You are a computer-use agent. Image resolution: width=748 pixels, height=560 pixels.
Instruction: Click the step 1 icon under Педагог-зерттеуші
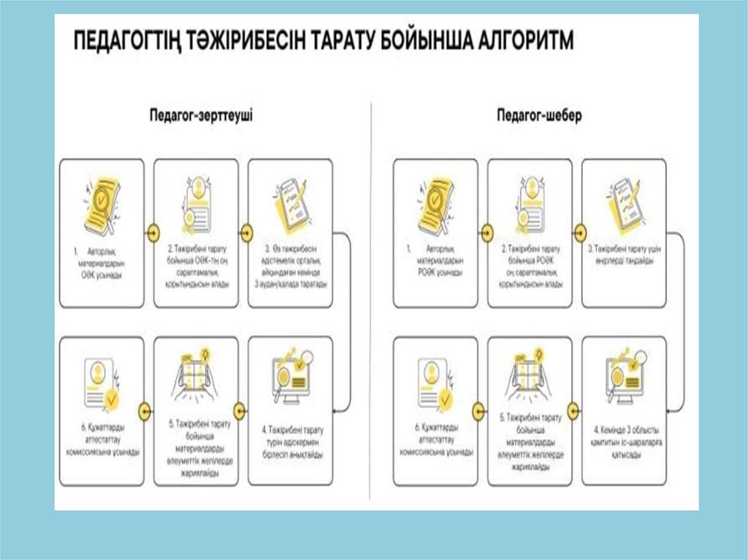click(x=102, y=203)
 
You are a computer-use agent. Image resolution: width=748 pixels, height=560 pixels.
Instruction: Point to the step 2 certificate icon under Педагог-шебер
click(x=530, y=202)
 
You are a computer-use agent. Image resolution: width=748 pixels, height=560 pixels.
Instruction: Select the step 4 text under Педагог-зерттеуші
click(x=291, y=442)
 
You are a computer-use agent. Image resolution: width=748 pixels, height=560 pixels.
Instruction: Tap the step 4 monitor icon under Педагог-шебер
click(x=625, y=376)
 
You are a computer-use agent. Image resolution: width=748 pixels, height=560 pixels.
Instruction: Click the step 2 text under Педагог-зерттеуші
click(x=196, y=266)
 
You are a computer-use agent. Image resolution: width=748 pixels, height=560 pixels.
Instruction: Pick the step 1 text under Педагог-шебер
click(x=436, y=261)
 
